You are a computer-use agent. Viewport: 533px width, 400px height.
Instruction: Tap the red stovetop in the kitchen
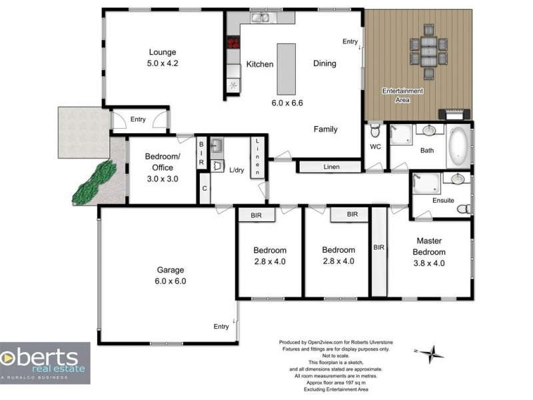pos(233,44)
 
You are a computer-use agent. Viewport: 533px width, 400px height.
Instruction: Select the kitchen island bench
pos(286,69)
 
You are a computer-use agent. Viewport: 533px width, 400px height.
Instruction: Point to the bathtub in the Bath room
pos(459,146)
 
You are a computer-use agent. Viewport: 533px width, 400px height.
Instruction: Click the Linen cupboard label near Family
pos(332,167)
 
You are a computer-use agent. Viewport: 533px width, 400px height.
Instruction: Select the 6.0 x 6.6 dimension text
pos(287,103)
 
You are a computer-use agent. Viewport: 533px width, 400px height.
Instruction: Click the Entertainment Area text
pos(402,95)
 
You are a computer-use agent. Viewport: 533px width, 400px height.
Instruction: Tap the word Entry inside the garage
pos(221,326)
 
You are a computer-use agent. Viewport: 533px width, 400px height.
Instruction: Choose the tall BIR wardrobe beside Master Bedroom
pos(378,252)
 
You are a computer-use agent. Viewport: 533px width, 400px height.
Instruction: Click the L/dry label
pos(237,171)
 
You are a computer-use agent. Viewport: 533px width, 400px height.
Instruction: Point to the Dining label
pos(324,64)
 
